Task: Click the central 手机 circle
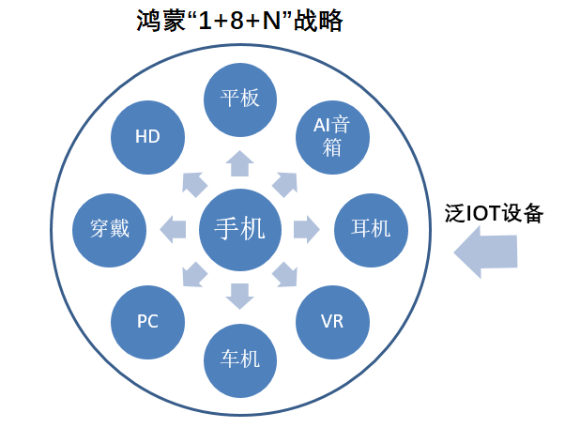(x=240, y=230)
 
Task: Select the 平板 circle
(x=240, y=99)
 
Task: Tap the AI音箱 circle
(x=332, y=137)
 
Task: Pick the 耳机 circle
(x=371, y=230)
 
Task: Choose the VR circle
(x=332, y=322)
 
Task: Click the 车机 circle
(x=240, y=360)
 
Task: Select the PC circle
(x=147, y=322)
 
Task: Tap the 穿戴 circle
(x=110, y=230)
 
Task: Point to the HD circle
(x=147, y=137)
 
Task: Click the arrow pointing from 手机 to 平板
(x=240, y=163)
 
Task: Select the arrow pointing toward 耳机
(x=307, y=230)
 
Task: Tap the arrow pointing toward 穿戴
(x=173, y=230)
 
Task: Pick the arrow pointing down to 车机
(x=240, y=297)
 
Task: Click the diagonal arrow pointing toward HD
(x=194, y=185)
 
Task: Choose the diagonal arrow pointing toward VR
(x=285, y=275)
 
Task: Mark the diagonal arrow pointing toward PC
(x=194, y=275)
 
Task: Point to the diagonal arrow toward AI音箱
(x=285, y=185)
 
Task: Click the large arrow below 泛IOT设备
(x=485, y=252)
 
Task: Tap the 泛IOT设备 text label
(x=494, y=213)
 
